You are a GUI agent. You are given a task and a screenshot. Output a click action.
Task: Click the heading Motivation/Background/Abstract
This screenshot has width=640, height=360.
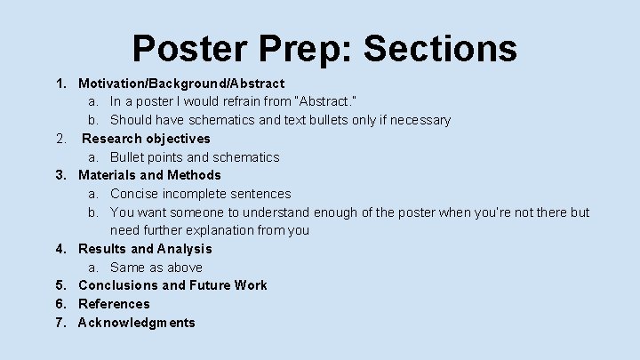coord(181,84)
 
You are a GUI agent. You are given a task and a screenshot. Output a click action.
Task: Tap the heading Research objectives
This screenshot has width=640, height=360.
coord(146,139)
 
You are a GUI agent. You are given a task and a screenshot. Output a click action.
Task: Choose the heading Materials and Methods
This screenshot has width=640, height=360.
coord(149,175)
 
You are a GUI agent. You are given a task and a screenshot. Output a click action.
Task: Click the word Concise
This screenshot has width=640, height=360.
coord(135,194)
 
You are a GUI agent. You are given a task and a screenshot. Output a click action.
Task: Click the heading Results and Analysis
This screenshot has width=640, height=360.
coord(145,249)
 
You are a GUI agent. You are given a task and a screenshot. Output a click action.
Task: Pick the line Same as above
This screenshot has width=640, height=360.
coord(156,268)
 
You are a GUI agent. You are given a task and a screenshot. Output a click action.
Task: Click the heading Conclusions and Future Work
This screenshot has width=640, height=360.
coord(172,285)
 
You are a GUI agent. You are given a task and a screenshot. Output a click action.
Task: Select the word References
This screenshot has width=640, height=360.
coord(114,304)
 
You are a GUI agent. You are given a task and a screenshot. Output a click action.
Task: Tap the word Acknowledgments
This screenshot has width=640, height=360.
coord(136,323)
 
